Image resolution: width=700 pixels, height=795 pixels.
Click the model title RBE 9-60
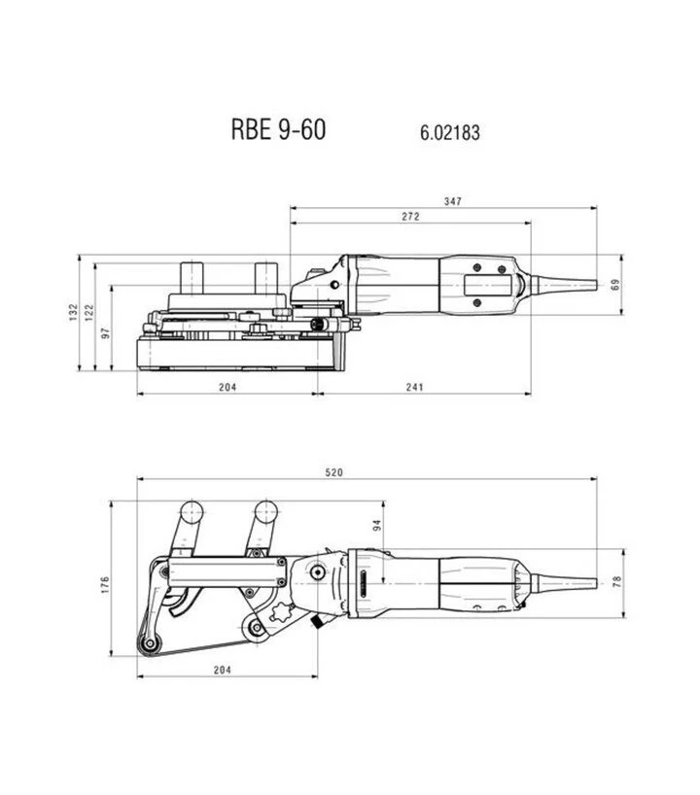[278, 129]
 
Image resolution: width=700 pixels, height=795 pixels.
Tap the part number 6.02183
[450, 132]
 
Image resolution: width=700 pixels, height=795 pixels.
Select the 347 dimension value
[453, 201]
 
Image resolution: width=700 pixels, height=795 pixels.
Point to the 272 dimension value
[411, 217]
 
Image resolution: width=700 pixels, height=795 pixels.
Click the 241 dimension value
[414, 388]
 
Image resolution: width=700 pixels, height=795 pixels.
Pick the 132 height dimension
[74, 312]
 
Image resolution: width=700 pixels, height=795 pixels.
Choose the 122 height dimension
[89, 312]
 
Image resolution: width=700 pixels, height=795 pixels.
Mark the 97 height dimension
[106, 333]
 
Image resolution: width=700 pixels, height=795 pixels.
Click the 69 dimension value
[615, 285]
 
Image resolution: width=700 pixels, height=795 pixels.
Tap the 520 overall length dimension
[333, 472]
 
